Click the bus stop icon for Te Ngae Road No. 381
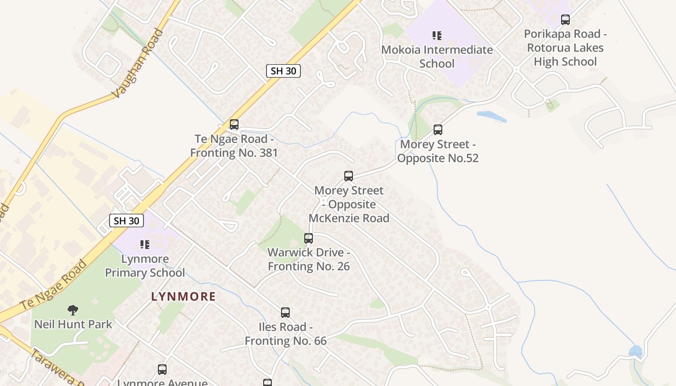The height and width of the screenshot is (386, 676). coord(234,124)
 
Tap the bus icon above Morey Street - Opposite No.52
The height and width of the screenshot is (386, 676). coord(438,129)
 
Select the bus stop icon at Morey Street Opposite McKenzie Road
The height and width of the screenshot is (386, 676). coord(349,176)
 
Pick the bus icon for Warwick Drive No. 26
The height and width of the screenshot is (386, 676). coord(309,238)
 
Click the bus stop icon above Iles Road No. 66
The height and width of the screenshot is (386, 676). coord(285,312)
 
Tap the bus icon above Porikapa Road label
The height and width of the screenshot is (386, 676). coord(565,20)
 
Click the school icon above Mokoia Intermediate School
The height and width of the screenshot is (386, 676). coord(437,35)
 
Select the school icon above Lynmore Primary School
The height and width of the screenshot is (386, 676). coord(145,245)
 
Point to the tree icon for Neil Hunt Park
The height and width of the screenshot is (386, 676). coord(73,310)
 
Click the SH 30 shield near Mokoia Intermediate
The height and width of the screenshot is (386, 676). coord(283,71)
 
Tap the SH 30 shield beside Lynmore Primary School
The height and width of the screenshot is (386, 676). coord(127,221)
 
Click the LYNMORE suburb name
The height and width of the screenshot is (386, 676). coord(183,296)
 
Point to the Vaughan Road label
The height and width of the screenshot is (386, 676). coord(138,63)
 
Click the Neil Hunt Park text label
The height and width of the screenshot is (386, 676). coord(73,324)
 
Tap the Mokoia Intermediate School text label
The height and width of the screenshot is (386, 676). coord(437,56)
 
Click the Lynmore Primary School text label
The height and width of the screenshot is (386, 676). coord(145,266)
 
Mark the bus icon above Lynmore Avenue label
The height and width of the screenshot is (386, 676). coord(162,370)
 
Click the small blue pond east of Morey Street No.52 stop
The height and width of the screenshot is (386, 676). coord(491,116)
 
